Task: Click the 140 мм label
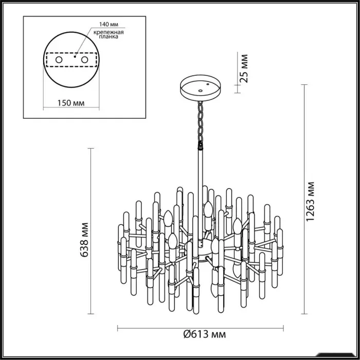[x=109, y=24]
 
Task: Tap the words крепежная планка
[x=109, y=34]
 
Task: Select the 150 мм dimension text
[x=71, y=103]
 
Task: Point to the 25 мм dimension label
[x=244, y=68]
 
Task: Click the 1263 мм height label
[x=310, y=202]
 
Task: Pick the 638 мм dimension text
[x=84, y=240]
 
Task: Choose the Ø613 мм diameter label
[x=205, y=334]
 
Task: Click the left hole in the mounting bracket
[x=59, y=60]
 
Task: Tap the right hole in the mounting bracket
[x=84, y=60]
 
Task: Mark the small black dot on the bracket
[x=75, y=57]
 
